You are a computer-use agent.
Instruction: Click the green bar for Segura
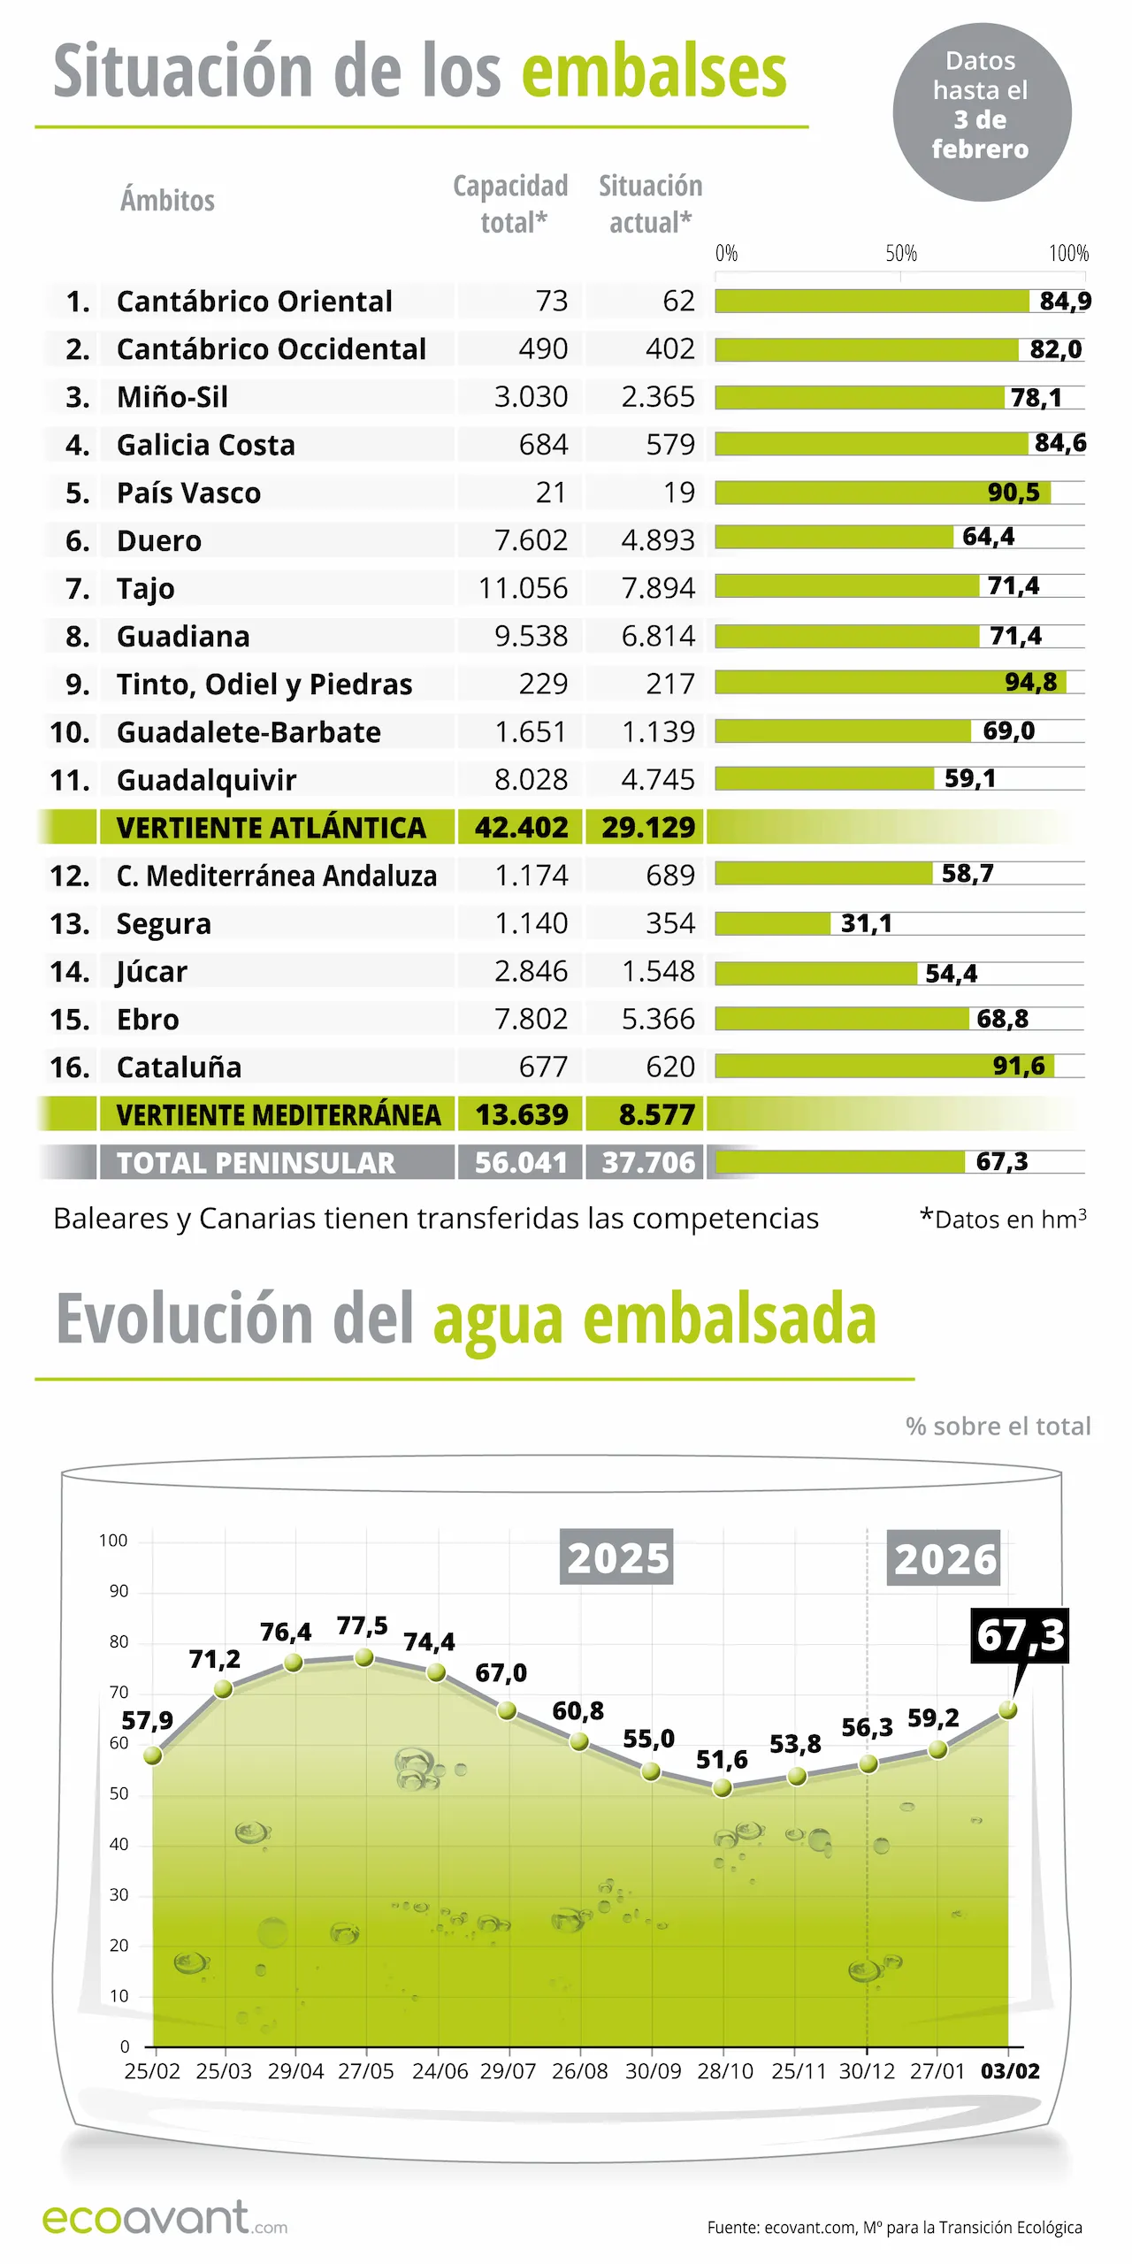[772, 923]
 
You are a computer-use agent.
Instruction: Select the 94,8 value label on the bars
[1030, 682]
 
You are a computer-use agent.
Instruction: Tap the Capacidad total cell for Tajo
[523, 588]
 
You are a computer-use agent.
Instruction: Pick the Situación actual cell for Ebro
[658, 1019]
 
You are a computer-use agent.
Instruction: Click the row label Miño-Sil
[172, 397]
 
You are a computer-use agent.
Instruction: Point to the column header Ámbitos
[167, 201]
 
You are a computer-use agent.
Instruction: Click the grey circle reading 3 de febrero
[982, 112]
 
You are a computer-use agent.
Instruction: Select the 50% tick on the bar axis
[901, 254]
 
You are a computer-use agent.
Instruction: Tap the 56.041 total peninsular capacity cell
[521, 1162]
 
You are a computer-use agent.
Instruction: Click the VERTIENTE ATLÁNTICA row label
[271, 828]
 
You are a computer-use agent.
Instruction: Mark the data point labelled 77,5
[363, 1658]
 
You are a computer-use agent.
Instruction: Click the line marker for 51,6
[723, 1788]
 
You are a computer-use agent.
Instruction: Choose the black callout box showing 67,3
[1020, 1635]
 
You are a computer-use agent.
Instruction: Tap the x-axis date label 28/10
[724, 2072]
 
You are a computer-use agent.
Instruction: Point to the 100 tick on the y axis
[113, 1541]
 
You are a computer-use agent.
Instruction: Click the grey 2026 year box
[944, 1558]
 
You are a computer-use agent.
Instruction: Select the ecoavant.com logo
[164, 2218]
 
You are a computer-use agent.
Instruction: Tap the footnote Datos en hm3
[1004, 1219]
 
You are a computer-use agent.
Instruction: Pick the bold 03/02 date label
[1010, 2072]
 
